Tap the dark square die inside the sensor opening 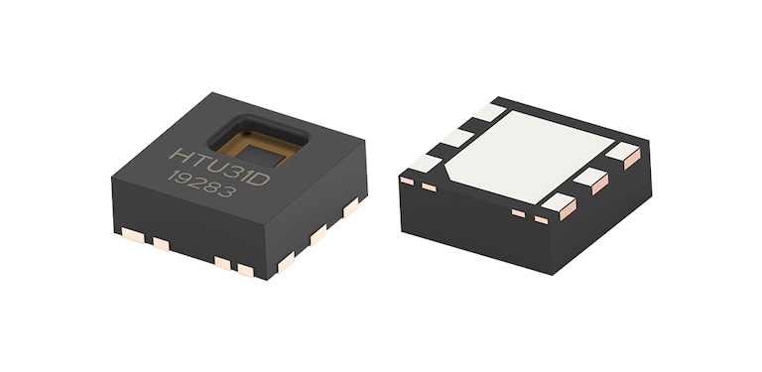click(x=262, y=152)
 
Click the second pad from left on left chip click(x=160, y=243)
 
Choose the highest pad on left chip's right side click(x=350, y=206)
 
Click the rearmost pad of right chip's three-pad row click(x=624, y=155)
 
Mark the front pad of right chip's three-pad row click(x=557, y=205)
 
